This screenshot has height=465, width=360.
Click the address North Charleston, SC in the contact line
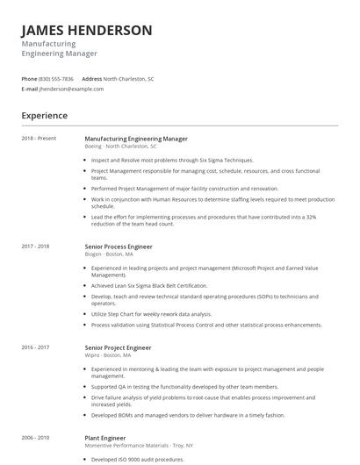(x=128, y=78)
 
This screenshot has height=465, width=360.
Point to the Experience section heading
(x=45, y=116)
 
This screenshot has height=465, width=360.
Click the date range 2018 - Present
(x=39, y=139)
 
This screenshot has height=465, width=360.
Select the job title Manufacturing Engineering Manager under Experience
(x=135, y=139)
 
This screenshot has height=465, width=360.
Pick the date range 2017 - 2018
(x=36, y=247)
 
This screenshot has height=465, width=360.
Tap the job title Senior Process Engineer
(x=119, y=247)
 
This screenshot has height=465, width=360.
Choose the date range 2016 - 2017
(x=36, y=347)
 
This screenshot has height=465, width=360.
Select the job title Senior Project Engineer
(x=118, y=347)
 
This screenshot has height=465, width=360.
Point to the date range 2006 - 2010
(x=36, y=436)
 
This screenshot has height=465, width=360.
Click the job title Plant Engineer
(x=104, y=436)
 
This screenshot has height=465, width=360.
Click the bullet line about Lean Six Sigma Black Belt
(x=148, y=285)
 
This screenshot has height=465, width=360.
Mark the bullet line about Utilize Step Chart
(x=148, y=313)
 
